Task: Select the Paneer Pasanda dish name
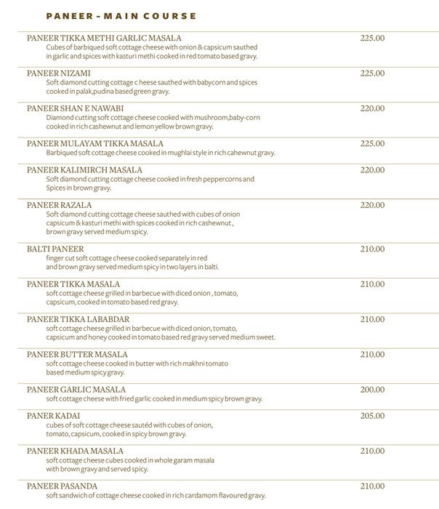click(62, 486)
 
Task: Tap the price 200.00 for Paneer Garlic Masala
click(372, 390)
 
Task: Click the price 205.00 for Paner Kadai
click(372, 416)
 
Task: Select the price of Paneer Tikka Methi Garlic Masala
click(372, 38)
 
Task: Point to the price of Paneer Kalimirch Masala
click(372, 169)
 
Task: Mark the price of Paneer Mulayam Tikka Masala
click(372, 143)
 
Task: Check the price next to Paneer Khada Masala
click(372, 451)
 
